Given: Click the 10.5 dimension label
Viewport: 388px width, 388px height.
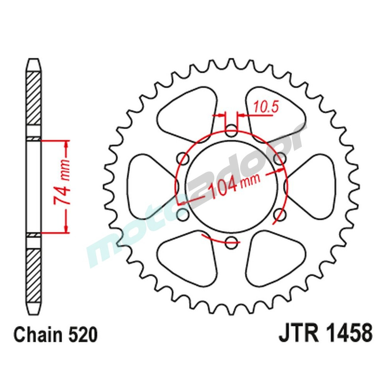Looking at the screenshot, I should pyautogui.click(x=267, y=107).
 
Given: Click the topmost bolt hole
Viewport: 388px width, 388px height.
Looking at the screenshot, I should pyautogui.click(x=232, y=131).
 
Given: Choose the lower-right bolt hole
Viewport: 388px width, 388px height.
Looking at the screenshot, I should pyautogui.click(x=280, y=214).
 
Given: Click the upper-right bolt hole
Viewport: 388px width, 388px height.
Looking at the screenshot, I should pyautogui.click(x=280, y=158).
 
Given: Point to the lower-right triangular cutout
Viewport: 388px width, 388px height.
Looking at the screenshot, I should pyautogui.click(x=274, y=258).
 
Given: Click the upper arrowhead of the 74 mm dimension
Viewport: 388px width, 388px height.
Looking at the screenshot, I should pyautogui.click(x=66, y=145).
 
